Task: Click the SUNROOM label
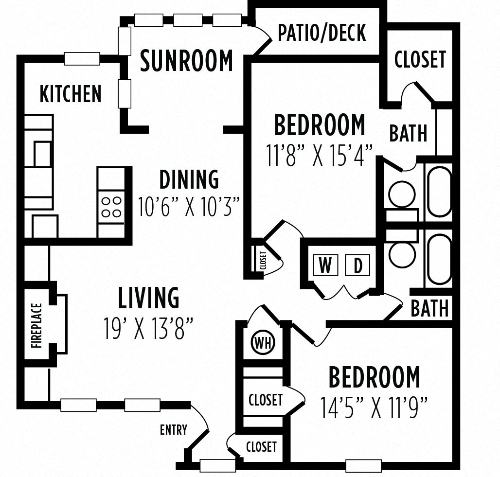186,61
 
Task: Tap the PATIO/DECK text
322,33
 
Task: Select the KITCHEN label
71,94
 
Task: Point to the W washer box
325,266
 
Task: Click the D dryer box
358,266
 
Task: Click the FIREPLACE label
37,326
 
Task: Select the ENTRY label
173,429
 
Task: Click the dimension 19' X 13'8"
149,328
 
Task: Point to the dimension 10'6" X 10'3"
189,207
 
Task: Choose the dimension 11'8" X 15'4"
320,155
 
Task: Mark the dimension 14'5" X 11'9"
374,407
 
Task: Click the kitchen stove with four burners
111,206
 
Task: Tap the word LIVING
149,298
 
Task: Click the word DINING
189,180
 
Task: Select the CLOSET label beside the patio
420,59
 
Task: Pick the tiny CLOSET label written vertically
263,261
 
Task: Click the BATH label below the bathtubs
429,308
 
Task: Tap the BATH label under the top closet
408,133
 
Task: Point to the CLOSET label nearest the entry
261,446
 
